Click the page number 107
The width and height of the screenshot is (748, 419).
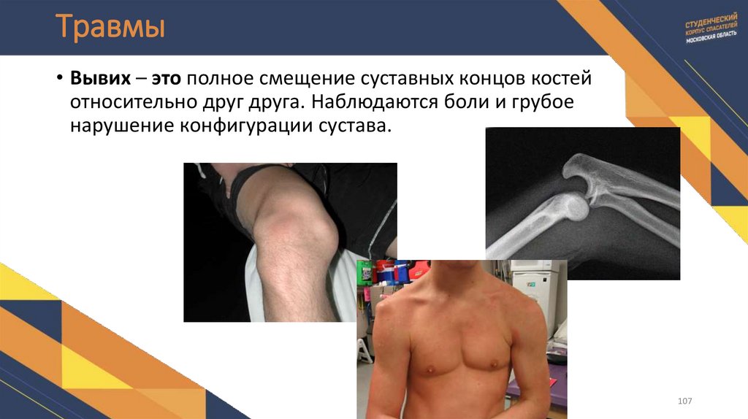tap(684, 401)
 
